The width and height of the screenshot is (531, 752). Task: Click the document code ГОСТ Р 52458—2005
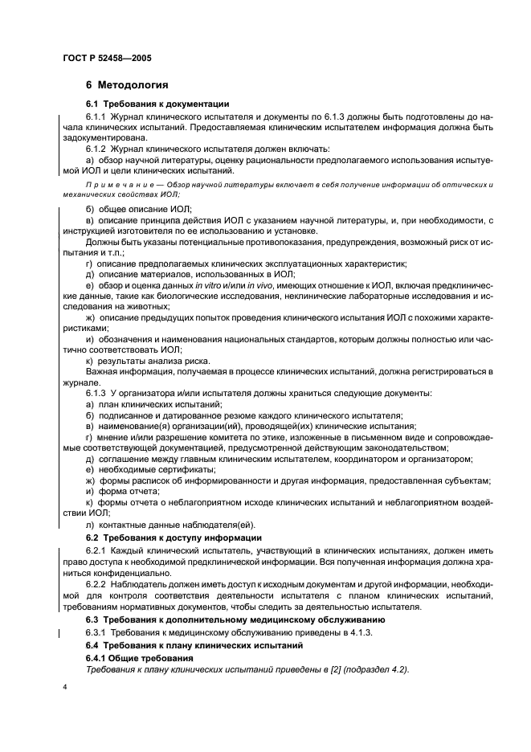tap(106, 58)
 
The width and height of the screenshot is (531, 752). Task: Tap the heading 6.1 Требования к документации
tap(157, 104)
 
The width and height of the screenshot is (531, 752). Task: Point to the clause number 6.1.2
tap(97, 149)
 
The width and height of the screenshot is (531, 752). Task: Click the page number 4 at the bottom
tap(64, 689)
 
